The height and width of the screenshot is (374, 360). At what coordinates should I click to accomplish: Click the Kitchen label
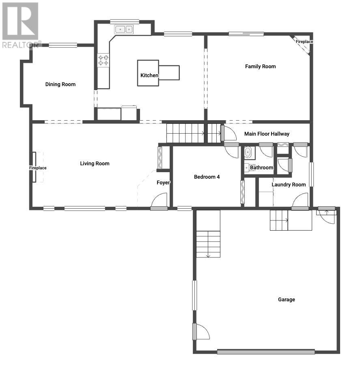[x=149, y=76]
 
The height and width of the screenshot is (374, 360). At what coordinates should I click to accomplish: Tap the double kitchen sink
[x=124, y=29]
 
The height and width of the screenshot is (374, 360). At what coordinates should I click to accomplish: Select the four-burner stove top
[x=103, y=60]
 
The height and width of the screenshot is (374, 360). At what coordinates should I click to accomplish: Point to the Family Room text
[x=260, y=67]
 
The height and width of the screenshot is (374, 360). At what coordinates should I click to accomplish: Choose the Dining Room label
[x=60, y=84]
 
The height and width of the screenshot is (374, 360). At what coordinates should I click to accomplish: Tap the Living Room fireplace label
[x=38, y=168]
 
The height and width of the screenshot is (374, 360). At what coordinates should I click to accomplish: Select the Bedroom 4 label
[x=207, y=177]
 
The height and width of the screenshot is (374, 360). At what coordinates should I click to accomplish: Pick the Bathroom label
[x=261, y=168]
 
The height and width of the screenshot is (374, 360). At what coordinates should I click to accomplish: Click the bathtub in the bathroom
[x=248, y=152]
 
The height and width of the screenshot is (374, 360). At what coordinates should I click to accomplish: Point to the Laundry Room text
[x=289, y=185]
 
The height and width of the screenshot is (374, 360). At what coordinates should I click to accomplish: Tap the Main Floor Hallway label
[x=267, y=134]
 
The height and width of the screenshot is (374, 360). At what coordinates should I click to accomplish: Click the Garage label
[x=286, y=300]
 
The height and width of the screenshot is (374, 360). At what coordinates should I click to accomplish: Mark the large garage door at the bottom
[x=266, y=352]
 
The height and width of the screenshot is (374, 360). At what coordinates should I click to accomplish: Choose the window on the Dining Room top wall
[x=63, y=45]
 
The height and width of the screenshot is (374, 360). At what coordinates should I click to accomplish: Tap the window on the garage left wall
[x=194, y=295]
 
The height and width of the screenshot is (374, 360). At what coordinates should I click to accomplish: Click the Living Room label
[x=95, y=164]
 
